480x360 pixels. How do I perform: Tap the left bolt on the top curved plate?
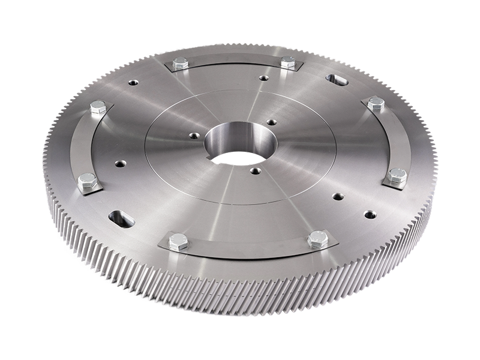[x=180, y=63]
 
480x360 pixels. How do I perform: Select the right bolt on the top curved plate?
[x=288, y=62]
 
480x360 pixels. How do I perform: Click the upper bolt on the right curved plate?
[x=376, y=103]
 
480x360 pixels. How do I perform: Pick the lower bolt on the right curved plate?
[x=397, y=176]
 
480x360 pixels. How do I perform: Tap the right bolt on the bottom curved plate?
[x=318, y=240]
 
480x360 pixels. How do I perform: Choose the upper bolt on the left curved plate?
[x=98, y=108]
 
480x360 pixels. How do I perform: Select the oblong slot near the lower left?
[x=122, y=218]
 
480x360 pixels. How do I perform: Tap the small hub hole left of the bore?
[x=194, y=136]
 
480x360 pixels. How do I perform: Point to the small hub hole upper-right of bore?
[x=271, y=122]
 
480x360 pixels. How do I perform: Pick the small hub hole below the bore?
[x=256, y=171]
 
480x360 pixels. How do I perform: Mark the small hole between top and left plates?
[x=133, y=82]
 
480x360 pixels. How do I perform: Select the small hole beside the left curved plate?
[x=121, y=163]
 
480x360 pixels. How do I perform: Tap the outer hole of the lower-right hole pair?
[x=370, y=214]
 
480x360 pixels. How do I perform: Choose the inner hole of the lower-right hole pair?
[x=338, y=196]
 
